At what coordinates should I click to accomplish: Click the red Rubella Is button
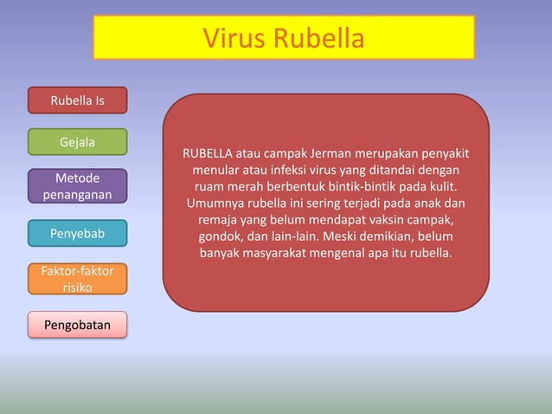(x=78, y=100)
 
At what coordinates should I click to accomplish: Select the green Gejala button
(x=78, y=141)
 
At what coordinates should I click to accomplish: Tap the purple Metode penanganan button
(x=78, y=186)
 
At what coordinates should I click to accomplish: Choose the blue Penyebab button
(x=78, y=234)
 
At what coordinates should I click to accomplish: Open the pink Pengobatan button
(x=78, y=325)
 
